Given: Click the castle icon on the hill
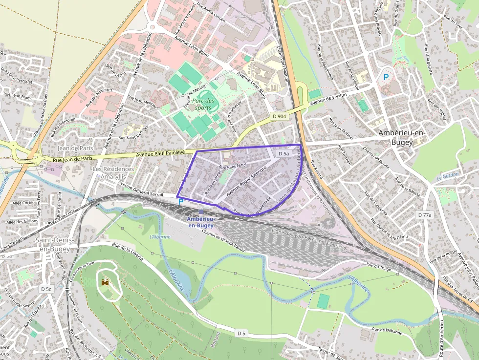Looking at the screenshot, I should tap(105, 282).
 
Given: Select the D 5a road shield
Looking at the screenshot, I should tap(284, 153).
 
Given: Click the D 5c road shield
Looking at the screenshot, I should tap(46, 289).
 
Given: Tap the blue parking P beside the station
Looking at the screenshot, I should tap(180, 201).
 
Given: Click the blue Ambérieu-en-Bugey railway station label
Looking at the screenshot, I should tap(200, 222).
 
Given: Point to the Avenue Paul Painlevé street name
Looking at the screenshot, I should tap(160, 153).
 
